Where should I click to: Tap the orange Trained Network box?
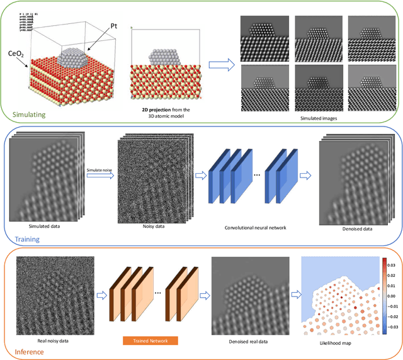tap(150, 340)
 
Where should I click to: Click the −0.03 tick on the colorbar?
tap(392, 327)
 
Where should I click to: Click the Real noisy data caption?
tap(49, 340)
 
